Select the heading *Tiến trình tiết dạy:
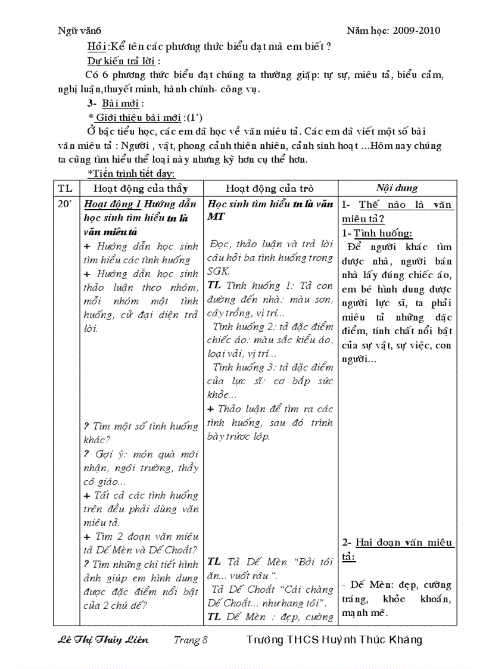point(131,173)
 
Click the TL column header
point(66,188)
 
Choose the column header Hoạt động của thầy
point(140,188)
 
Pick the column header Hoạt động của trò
point(270,188)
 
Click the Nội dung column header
point(397,188)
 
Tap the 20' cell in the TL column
point(65,204)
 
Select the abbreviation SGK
point(218,271)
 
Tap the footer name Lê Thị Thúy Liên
point(103,640)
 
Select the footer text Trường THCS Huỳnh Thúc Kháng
point(334,640)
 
